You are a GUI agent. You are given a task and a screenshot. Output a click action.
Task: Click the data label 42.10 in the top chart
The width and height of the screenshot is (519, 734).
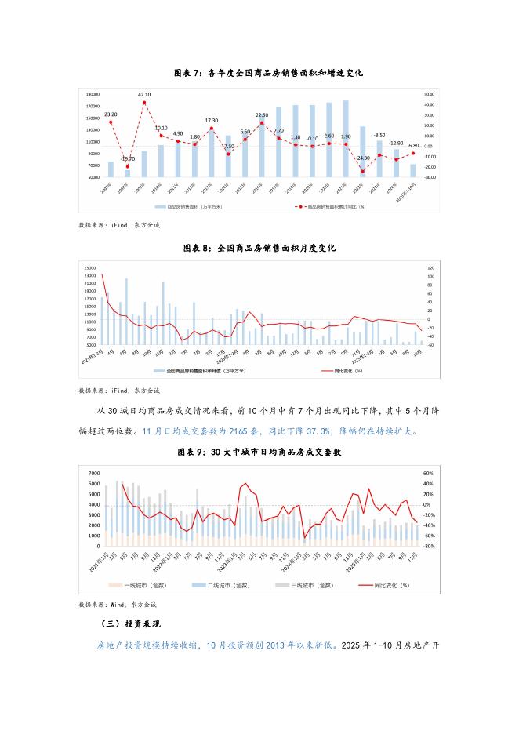click(x=144, y=95)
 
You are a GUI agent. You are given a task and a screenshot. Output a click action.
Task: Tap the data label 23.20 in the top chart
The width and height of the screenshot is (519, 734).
click(x=111, y=114)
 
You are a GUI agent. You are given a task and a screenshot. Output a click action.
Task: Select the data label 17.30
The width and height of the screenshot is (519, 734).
click(x=212, y=121)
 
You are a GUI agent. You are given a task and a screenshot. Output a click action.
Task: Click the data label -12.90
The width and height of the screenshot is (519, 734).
click(x=396, y=144)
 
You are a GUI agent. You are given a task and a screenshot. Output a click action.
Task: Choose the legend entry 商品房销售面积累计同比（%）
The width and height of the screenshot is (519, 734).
click(x=337, y=207)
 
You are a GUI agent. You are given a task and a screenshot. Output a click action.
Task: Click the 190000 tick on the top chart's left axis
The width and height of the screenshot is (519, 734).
click(x=93, y=93)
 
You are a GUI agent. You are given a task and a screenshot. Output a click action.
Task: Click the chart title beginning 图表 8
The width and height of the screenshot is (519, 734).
click(x=259, y=248)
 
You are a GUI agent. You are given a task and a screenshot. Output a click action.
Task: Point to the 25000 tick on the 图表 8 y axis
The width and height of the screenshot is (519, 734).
click(x=89, y=267)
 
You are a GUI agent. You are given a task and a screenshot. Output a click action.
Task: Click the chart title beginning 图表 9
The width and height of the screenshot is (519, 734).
click(x=259, y=453)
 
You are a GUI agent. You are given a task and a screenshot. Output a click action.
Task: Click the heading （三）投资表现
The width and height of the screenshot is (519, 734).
click(x=131, y=624)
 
